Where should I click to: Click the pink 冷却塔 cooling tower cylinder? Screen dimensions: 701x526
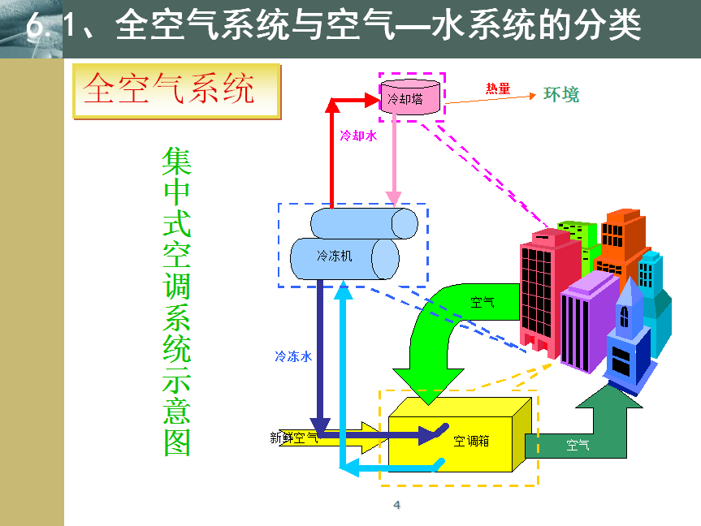click(x=410, y=97)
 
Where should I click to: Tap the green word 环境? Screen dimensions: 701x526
click(x=561, y=95)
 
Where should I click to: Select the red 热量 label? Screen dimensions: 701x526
click(x=498, y=88)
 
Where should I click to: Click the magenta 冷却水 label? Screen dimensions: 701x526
click(x=358, y=136)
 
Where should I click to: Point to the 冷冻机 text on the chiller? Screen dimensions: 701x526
click(x=334, y=256)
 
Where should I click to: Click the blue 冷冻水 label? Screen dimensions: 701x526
click(x=293, y=356)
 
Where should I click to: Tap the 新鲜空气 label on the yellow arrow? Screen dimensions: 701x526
click(x=294, y=438)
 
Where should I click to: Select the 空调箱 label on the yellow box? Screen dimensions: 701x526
click(x=471, y=441)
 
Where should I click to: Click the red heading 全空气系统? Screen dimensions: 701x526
click(x=169, y=88)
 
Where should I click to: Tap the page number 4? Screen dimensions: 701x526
click(x=396, y=505)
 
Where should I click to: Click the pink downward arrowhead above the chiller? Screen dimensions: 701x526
click(x=393, y=198)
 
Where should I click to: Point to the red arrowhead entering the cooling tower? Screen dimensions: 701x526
click(x=372, y=100)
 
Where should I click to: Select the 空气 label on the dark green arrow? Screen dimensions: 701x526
click(x=578, y=445)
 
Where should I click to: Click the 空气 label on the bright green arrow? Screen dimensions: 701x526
click(x=482, y=302)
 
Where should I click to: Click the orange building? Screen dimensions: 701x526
click(x=623, y=244)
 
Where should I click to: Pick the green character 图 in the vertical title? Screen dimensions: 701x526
click(x=177, y=442)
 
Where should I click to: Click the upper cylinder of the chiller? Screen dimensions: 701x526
click(x=364, y=223)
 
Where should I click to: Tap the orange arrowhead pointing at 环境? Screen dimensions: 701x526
click(x=533, y=96)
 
